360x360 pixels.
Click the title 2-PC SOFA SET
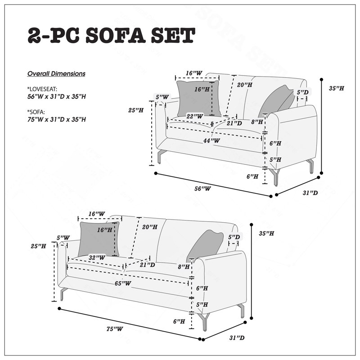click(x=111, y=36)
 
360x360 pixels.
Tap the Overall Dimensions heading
click(x=56, y=74)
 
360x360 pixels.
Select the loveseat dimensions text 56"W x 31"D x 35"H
click(x=57, y=96)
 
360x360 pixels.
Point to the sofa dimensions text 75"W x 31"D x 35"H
click(x=57, y=119)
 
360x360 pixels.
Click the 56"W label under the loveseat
click(x=202, y=189)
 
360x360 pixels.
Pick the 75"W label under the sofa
click(x=115, y=329)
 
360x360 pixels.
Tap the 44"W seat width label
click(x=211, y=140)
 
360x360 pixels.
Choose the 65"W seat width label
click(x=123, y=283)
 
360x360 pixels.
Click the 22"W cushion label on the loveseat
click(x=195, y=116)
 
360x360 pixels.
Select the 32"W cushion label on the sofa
click(x=97, y=257)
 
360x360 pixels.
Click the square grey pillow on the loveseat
click(x=198, y=99)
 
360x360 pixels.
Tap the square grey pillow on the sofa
click(x=99, y=239)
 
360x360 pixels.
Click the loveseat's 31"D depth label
click(x=310, y=193)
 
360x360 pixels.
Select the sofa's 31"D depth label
click(x=237, y=338)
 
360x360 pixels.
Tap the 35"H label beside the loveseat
click(x=336, y=88)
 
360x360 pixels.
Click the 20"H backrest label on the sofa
click(x=150, y=227)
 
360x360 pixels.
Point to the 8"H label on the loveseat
click(x=257, y=121)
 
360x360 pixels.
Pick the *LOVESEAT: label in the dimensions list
click(x=42, y=89)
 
